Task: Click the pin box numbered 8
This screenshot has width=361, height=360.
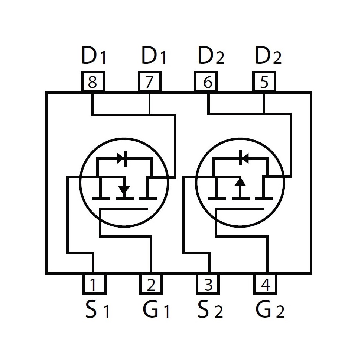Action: (x=93, y=81)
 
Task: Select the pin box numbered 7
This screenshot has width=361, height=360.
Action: (x=150, y=81)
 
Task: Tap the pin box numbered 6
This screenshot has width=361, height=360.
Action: (x=206, y=81)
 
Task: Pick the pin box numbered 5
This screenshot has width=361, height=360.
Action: (x=264, y=81)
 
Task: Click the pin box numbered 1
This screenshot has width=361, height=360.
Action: (x=94, y=284)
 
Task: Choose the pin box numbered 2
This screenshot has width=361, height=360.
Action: (x=151, y=284)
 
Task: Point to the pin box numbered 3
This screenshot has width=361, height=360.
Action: (x=208, y=284)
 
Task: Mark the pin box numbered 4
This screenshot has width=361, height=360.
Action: (x=265, y=284)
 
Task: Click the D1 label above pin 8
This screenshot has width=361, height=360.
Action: (x=94, y=55)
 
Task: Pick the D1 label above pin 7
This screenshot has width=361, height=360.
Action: (x=153, y=55)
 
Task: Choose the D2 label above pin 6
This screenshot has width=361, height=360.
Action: (x=211, y=55)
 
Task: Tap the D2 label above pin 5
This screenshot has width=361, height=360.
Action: (x=268, y=55)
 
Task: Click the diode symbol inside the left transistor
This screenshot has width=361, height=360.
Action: (x=122, y=158)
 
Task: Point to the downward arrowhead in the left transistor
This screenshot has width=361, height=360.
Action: (x=124, y=190)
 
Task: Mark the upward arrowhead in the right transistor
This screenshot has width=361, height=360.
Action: (x=240, y=181)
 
